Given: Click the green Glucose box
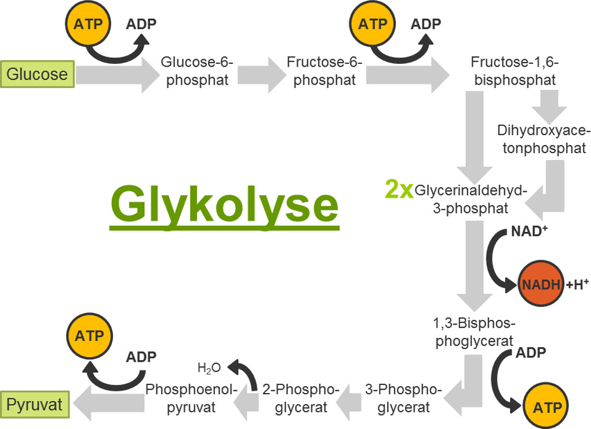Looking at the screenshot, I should [38, 74].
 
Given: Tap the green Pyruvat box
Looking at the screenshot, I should [36, 403].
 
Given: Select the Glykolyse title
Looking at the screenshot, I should [224, 203].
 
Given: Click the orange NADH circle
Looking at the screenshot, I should [540, 284].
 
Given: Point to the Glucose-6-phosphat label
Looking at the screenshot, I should [197, 71].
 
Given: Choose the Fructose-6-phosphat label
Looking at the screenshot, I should [324, 71].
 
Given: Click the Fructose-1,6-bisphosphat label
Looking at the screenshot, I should [515, 71].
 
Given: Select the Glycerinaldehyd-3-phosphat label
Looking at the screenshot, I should [470, 199].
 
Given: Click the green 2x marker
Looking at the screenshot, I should [399, 189].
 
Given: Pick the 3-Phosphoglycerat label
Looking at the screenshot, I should [404, 398].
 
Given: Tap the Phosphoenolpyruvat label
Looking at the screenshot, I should [191, 398].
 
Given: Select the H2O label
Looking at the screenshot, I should [209, 368].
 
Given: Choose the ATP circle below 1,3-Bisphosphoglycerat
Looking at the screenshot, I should [545, 407].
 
